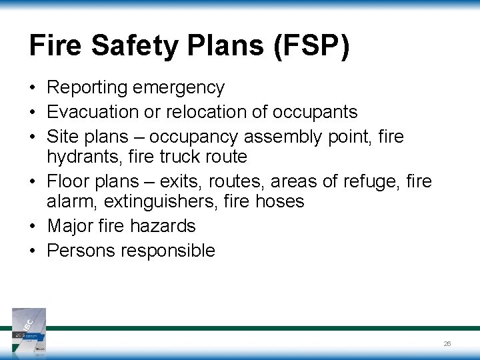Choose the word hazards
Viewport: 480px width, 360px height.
[x=164, y=226]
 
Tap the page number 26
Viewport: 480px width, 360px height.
[x=447, y=343]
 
